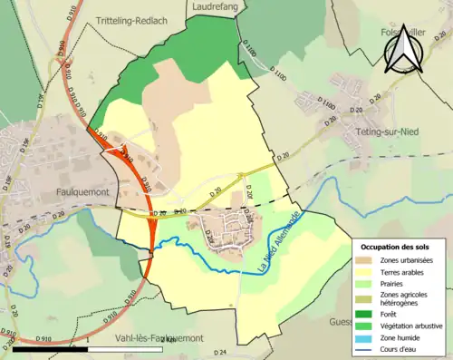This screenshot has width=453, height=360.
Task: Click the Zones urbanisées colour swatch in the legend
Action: coord(365,260)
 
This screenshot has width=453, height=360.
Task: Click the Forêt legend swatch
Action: coord(365,316)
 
